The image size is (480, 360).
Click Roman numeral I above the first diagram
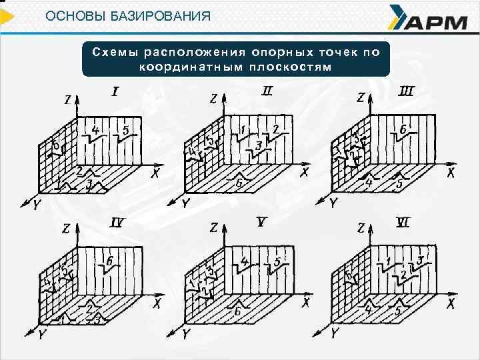[x=115, y=91]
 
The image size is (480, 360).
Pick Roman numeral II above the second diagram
[x=267, y=91]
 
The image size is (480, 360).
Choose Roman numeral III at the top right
[x=405, y=91]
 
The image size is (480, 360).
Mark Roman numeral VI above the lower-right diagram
[x=402, y=223]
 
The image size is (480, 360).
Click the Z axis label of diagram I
[x=69, y=100]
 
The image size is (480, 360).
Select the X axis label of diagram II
[x=304, y=173]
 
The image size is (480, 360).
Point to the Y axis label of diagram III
[x=333, y=202]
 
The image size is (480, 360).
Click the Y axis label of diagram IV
[x=42, y=335]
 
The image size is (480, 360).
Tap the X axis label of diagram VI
[x=451, y=304]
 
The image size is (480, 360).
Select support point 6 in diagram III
[x=403, y=128]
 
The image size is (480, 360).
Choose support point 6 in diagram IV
[x=110, y=260]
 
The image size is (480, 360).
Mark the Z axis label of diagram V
[x=213, y=229]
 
